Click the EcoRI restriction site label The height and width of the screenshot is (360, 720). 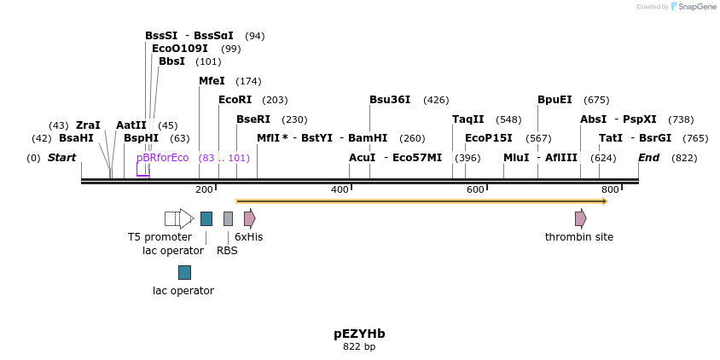tap(235, 100)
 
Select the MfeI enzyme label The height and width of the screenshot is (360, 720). tap(212, 81)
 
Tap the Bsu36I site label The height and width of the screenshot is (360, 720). tap(390, 100)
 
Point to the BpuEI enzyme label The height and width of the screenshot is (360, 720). tap(555, 100)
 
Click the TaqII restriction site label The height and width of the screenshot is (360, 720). tap(467, 119)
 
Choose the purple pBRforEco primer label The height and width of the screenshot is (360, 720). tap(162, 158)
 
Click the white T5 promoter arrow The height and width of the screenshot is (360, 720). tap(179, 218)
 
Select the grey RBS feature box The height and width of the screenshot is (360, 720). tap(228, 218)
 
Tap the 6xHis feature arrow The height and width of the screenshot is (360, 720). tap(249, 218)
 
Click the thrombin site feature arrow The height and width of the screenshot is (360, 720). tap(580, 218)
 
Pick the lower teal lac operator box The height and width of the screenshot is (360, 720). tap(184, 272)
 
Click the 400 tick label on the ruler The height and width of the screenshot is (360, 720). tap(340, 189)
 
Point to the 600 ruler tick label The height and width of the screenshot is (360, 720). tap(475, 189)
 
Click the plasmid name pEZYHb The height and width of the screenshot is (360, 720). tap(359, 334)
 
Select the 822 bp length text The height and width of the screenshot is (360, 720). tap(359, 347)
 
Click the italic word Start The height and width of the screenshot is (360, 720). tap(61, 158)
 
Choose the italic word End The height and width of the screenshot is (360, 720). tap(648, 158)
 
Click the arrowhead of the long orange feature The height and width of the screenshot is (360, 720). tap(604, 201)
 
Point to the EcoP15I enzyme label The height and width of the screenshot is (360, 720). tap(489, 138)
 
